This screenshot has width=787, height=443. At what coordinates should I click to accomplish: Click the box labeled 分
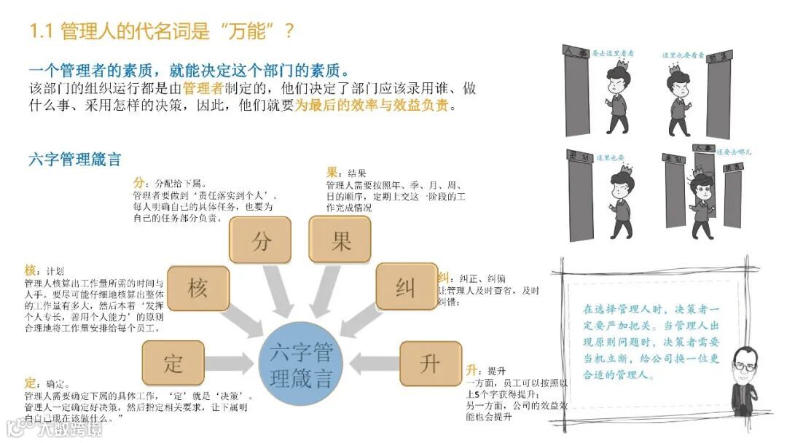pyautogui.click(x=261, y=241)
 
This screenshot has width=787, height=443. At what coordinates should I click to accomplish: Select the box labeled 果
pyautogui.click(x=341, y=241)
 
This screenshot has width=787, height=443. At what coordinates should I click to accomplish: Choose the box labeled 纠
pyautogui.click(x=406, y=287)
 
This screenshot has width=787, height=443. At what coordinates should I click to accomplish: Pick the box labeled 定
pyautogui.click(x=173, y=363)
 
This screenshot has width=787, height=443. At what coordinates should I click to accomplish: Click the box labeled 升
pyautogui.click(x=430, y=363)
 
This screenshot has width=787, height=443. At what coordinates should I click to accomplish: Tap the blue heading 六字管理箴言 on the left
pyautogui.click(x=74, y=160)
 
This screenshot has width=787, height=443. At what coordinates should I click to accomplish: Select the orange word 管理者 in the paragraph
pyautogui.click(x=207, y=88)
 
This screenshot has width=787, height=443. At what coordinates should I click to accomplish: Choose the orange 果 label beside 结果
pyautogui.click(x=332, y=173)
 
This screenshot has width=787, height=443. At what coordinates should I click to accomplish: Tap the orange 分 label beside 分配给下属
pyautogui.click(x=138, y=182)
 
